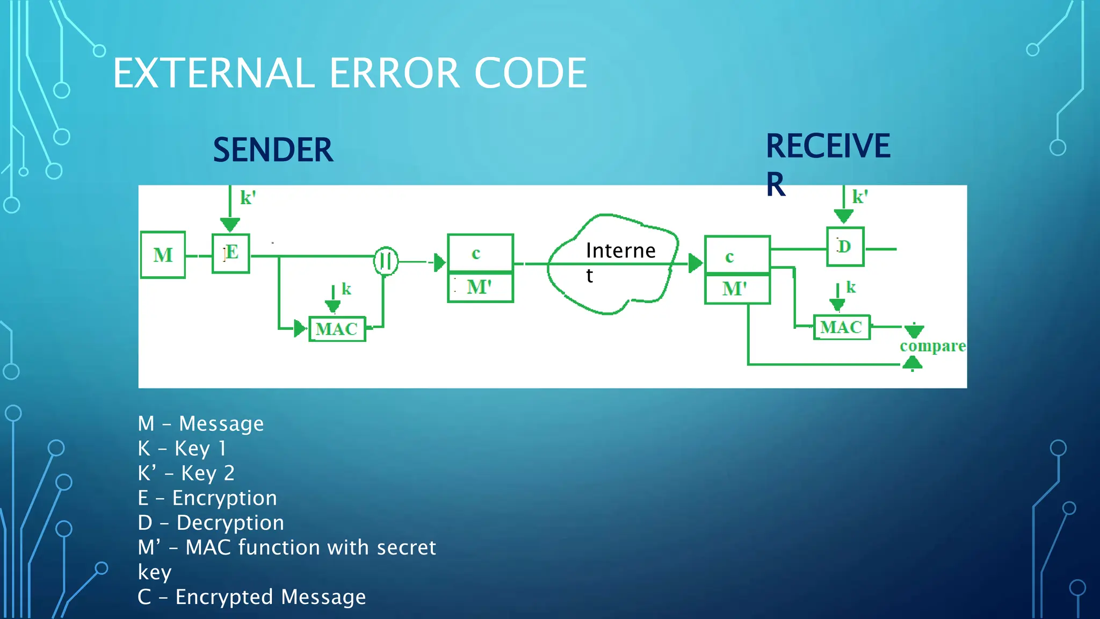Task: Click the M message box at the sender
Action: click(x=163, y=255)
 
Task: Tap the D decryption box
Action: click(x=845, y=247)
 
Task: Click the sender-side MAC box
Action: click(x=337, y=329)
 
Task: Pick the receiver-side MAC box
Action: click(x=841, y=327)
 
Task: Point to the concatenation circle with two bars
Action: click(x=386, y=261)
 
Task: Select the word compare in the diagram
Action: click(x=932, y=346)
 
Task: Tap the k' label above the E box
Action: click(x=248, y=198)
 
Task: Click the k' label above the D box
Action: click(x=859, y=197)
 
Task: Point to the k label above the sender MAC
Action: click(x=346, y=289)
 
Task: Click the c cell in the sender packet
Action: click(x=480, y=253)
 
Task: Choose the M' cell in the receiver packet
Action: click(x=736, y=289)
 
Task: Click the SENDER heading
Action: click(x=273, y=150)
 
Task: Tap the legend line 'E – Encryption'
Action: click(x=207, y=498)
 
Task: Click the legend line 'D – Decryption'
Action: click(x=211, y=523)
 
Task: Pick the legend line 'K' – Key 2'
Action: click(x=186, y=473)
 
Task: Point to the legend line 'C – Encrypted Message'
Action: click(x=251, y=597)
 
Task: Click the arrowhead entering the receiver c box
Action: click(x=696, y=263)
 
